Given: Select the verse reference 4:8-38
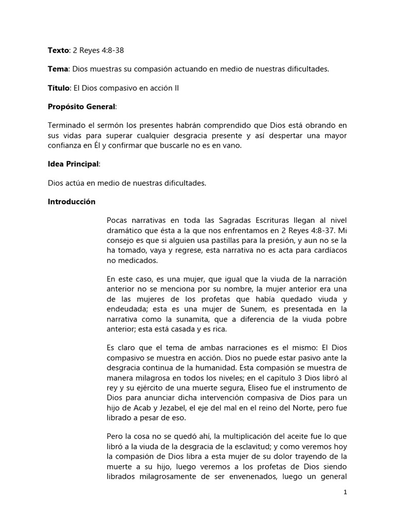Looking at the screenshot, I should point(110,50).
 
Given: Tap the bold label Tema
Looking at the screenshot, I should point(57,69).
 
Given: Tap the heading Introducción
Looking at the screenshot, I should point(71,202).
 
